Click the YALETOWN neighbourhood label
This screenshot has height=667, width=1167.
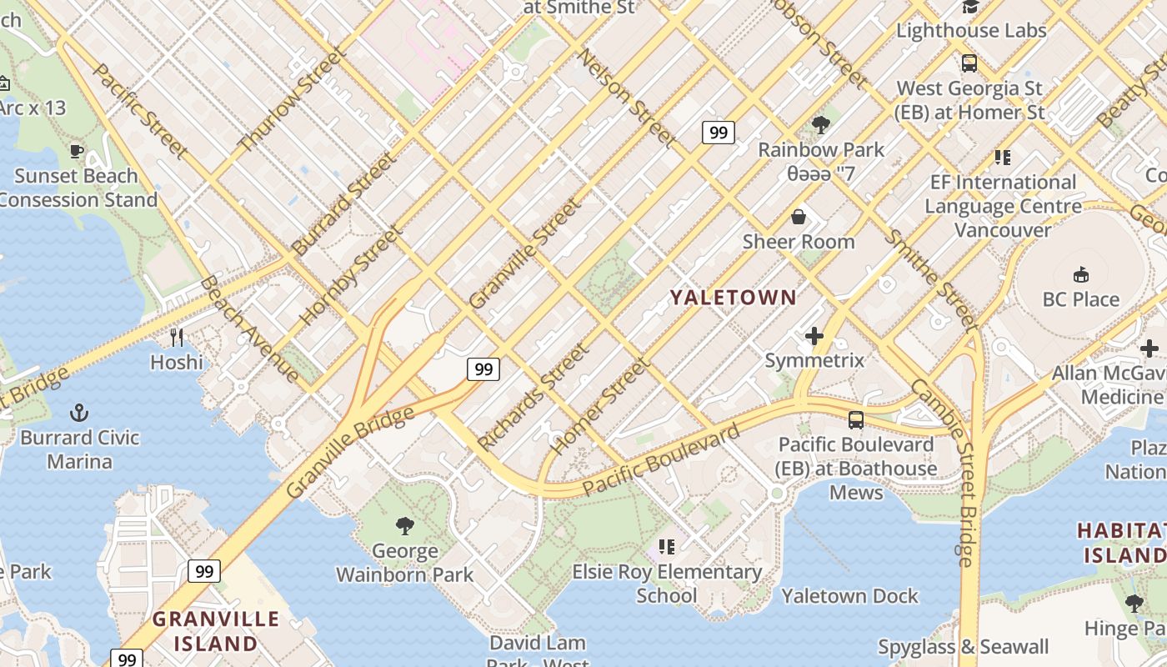(734, 297)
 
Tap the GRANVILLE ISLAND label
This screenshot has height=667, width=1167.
(216, 631)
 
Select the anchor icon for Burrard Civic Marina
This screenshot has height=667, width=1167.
(79, 413)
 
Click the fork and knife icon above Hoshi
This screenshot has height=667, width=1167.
(177, 337)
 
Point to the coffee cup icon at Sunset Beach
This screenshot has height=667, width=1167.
(77, 151)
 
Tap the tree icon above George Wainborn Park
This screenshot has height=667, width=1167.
(405, 525)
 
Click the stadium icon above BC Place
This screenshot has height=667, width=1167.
(1081, 274)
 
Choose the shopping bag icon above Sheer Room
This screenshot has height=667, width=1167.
(799, 217)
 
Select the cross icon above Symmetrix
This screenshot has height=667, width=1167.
(814, 336)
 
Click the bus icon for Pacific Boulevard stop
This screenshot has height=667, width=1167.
(856, 419)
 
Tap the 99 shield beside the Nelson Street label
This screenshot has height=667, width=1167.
(718, 132)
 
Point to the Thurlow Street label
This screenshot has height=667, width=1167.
(291, 100)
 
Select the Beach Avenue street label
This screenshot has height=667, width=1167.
(248, 328)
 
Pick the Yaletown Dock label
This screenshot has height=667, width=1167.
(849, 595)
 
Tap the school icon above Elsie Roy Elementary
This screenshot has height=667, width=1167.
(666, 547)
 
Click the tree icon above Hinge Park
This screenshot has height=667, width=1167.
(1133, 603)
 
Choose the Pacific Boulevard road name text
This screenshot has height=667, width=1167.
(660, 459)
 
